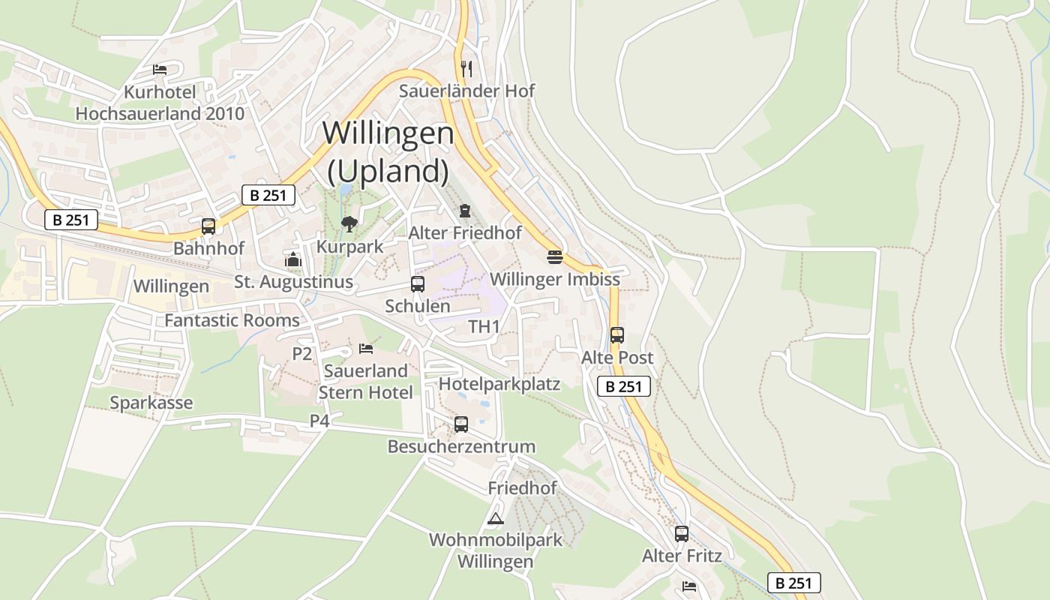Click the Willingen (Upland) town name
(388, 151)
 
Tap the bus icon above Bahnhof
(208, 226)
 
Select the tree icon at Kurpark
(349, 223)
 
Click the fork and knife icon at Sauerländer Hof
(466, 69)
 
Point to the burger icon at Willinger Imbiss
(554, 257)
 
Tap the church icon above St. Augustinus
(292, 260)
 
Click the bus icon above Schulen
(418, 284)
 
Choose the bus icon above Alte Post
(617, 335)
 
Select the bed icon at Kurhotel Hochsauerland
(160, 70)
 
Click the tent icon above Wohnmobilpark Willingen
(495, 518)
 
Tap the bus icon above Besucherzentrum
(461, 424)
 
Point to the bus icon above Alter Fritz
(681, 534)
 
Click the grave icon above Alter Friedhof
(465, 211)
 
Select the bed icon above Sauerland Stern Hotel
(366, 348)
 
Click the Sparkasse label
(151, 403)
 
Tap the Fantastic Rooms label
(232, 320)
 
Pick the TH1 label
(484, 326)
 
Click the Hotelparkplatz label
(499, 384)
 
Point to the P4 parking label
(319, 421)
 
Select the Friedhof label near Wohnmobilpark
(523, 487)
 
